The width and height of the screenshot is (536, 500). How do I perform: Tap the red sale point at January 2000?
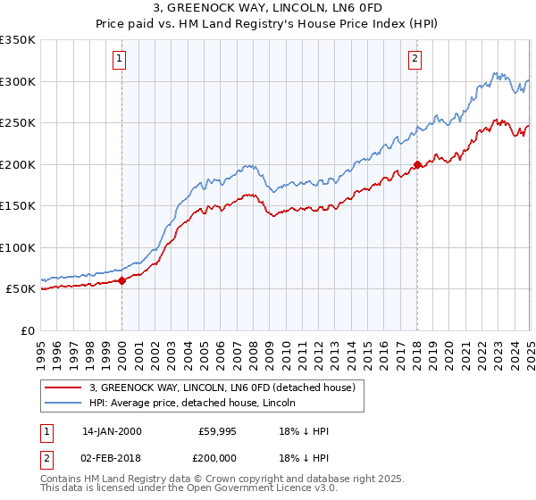coord(122,280)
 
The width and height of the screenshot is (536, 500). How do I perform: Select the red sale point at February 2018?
coord(417,164)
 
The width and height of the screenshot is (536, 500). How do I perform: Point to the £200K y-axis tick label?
coord(18,164)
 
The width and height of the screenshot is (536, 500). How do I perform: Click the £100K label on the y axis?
coord(18,247)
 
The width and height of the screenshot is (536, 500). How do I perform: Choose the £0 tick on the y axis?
coord(29,330)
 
